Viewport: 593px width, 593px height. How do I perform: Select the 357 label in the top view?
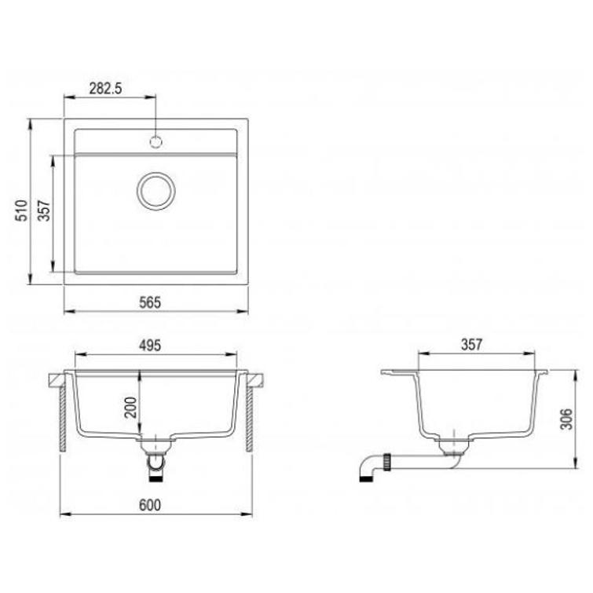point(45,212)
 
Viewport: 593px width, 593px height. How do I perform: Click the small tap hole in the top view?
point(156,142)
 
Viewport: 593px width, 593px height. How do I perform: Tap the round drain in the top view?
point(156,191)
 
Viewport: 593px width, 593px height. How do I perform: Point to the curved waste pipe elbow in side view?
point(364,470)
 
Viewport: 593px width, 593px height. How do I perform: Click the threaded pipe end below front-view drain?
point(157,469)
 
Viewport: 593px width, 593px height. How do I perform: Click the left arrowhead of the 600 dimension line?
point(64,515)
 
